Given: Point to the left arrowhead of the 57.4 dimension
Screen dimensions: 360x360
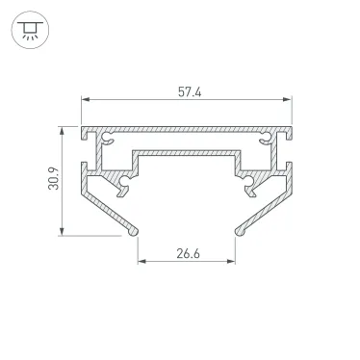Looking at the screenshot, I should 84,100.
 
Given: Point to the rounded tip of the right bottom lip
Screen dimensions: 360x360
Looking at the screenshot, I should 239,229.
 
